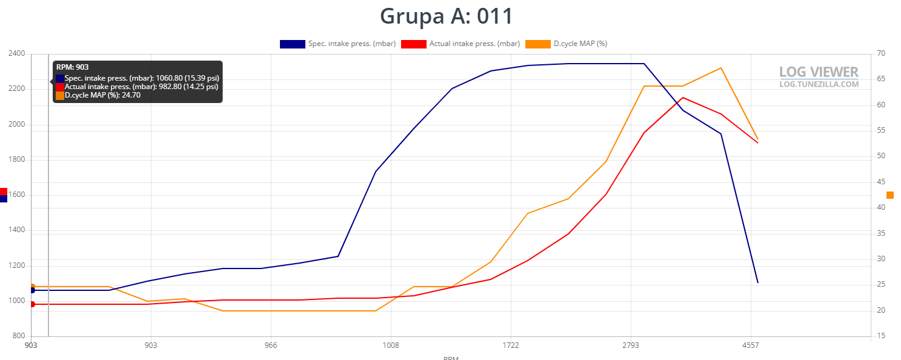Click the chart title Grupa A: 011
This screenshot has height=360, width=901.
point(447,16)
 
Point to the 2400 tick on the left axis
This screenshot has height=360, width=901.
point(16,53)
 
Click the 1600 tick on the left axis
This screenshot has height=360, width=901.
point(16,195)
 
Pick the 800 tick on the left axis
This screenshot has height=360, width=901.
point(19,336)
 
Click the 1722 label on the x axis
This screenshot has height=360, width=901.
point(511,345)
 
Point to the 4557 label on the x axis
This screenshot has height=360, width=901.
point(751,345)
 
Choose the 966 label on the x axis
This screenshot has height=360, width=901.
point(271,345)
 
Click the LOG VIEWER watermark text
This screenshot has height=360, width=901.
point(819,72)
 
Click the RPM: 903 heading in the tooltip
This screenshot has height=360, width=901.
point(72,67)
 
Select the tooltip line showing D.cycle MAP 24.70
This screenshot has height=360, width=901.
point(102,95)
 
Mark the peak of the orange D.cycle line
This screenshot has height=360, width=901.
point(721,68)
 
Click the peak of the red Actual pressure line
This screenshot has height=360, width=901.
point(683,98)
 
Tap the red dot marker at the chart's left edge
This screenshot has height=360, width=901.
point(32,304)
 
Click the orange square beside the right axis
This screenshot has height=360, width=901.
point(890,195)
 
